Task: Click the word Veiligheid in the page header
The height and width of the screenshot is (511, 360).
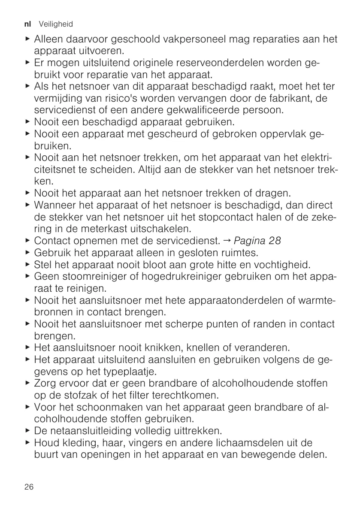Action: (x=56, y=24)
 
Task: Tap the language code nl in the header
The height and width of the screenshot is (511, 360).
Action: (x=30, y=24)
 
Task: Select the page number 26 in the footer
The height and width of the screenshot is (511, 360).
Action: (x=29, y=487)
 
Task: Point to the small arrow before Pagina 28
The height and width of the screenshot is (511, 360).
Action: (x=230, y=240)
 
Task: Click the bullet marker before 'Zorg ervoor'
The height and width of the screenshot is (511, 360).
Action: (x=28, y=383)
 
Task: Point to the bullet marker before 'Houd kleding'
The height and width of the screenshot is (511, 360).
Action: (x=28, y=443)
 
